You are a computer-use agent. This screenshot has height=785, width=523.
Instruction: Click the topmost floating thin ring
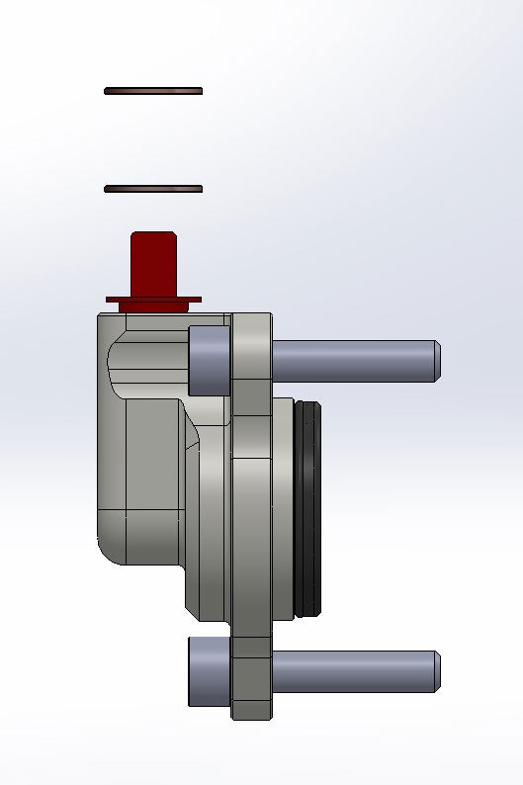153,91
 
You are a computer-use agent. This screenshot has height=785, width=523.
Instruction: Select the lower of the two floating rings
153,189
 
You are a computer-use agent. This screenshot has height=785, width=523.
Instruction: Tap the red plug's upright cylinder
153,262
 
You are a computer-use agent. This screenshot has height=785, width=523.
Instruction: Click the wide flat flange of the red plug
153,299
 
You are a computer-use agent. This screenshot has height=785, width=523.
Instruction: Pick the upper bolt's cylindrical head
209,359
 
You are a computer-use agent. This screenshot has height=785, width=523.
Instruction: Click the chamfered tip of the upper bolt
436,360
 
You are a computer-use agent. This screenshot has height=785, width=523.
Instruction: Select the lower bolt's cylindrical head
209,672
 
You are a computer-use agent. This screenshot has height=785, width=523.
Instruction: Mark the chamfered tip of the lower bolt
436,672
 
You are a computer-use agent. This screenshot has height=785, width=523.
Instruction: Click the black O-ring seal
309,509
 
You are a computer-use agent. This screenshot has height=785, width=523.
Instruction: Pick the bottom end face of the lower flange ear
251,717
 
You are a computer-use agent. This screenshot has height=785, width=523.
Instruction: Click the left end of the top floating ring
107,91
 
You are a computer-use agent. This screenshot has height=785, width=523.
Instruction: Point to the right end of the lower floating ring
200,189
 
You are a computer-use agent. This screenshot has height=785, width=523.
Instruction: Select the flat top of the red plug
153,234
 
